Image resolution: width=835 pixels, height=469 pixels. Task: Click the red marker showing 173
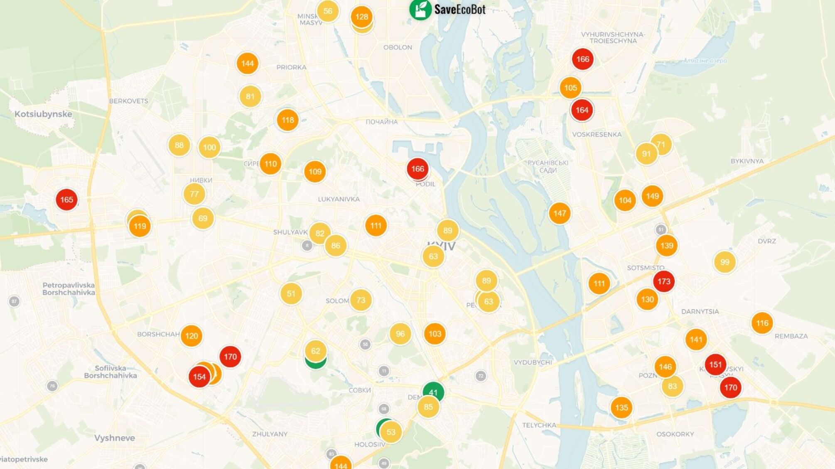[663, 281]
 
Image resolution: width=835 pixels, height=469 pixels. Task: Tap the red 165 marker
[66, 200]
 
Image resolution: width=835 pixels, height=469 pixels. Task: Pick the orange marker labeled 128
[361, 17]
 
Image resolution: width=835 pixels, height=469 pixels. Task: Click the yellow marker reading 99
[724, 262]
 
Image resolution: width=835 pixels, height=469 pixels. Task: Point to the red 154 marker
[199, 377]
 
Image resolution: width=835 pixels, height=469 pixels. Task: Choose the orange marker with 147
[560, 213]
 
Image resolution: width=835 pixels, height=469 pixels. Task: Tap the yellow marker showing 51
[291, 294]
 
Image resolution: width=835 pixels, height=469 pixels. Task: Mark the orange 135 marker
[621, 408]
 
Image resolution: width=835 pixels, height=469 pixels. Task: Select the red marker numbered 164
[582, 110]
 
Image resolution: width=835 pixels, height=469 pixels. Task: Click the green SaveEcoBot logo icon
[420, 9]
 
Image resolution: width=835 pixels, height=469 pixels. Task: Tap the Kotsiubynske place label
[43, 114]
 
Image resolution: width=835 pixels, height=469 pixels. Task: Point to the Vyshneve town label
[114, 438]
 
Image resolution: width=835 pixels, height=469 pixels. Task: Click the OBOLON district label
[398, 47]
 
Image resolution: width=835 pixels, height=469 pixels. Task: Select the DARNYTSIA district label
[700, 311]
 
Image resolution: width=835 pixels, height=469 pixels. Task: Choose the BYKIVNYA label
[747, 161]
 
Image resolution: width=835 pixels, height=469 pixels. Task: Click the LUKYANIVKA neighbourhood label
[339, 199]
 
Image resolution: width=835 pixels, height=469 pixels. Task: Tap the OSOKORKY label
[675, 434]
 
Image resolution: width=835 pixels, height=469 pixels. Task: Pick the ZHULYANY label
[270, 434]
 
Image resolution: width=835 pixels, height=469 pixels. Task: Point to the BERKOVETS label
[128, 101]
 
